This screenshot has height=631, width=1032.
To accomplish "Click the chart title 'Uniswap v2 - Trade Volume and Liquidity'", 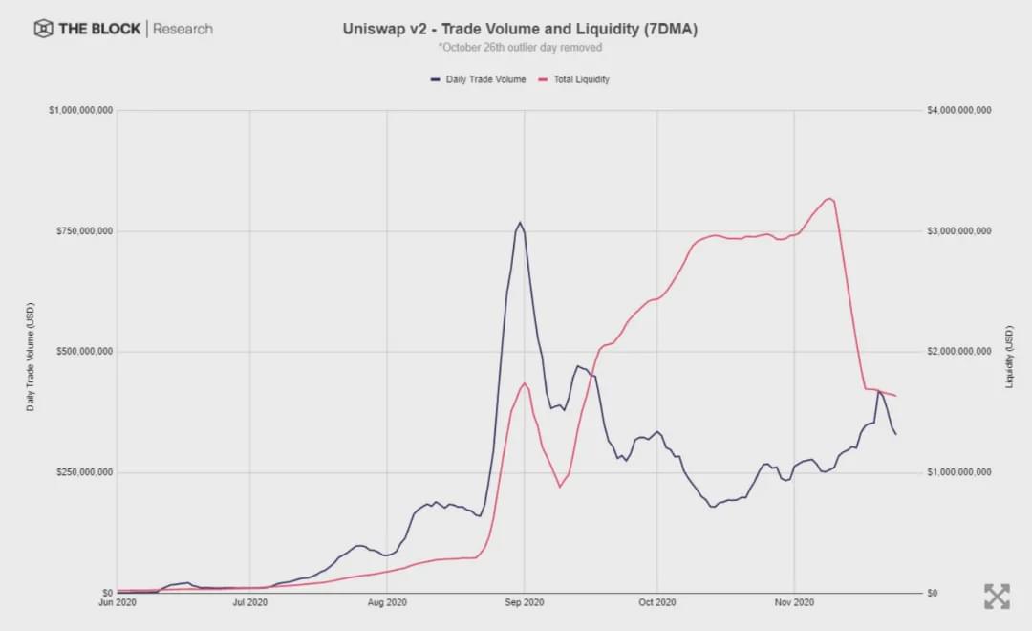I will (520, 29).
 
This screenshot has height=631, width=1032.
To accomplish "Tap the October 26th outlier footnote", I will (520, 47).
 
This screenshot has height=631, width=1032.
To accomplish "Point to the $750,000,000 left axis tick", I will (82, 231).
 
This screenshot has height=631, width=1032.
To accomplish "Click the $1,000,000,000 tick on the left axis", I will (80, 111).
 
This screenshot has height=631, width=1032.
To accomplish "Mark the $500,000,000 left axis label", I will (82, 352).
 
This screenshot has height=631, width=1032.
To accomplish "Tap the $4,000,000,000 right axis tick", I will (958, 111).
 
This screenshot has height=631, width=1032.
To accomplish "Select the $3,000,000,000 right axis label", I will (958, 231).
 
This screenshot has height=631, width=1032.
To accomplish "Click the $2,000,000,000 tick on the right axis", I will (958, 352).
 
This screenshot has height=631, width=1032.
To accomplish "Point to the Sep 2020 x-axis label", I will (523, 603).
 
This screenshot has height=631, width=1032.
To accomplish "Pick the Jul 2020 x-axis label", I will (250, 603).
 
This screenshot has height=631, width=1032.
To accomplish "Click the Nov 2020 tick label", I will (794, 603).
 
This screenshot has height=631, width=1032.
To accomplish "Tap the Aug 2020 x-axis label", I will (387, 603).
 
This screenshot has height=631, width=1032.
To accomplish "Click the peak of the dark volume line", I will (520, 223).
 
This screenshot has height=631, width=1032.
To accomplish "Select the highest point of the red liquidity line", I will (829, 198).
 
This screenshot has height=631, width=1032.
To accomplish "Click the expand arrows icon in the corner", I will (997, 597).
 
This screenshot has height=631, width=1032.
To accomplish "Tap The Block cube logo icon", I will (43, 29).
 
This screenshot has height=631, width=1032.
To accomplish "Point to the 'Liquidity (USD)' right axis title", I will (1009, 356).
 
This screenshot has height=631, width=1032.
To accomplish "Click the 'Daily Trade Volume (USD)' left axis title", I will (31, 356).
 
